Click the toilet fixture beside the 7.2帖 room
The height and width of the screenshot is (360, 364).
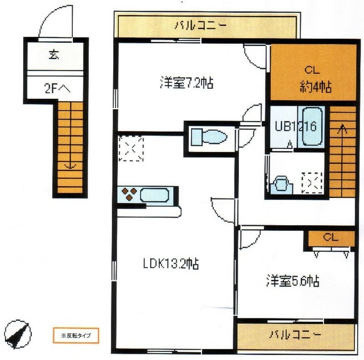pos(208,137)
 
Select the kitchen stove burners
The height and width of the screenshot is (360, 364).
pos(129,195)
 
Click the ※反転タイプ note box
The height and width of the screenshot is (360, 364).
pos(72,334)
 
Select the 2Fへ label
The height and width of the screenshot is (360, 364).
pos(56,88)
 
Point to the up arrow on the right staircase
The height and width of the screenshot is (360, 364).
pos(341,129)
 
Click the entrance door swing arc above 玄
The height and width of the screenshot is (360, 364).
pos(49,23)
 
